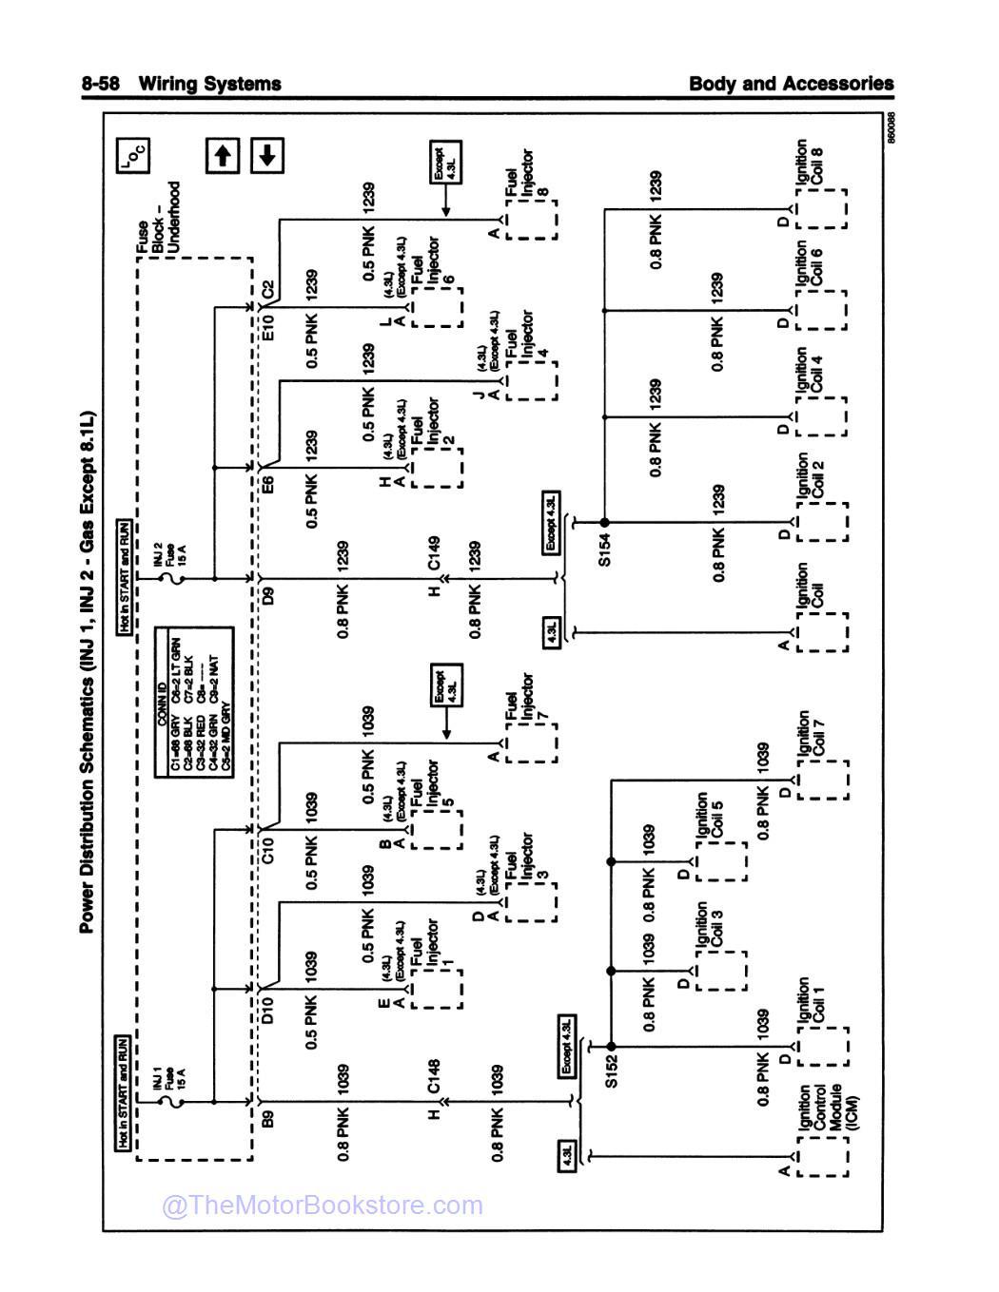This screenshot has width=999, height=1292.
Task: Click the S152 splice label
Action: click(612, 1070)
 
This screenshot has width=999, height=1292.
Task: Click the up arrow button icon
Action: click(223, 155)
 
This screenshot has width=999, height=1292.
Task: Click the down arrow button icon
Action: click(267, 155)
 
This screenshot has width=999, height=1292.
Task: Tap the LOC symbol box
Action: click(132, 155)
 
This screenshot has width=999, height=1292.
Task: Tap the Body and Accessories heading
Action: click(791, 84)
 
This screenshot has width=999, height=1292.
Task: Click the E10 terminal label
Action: click(268, 323)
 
